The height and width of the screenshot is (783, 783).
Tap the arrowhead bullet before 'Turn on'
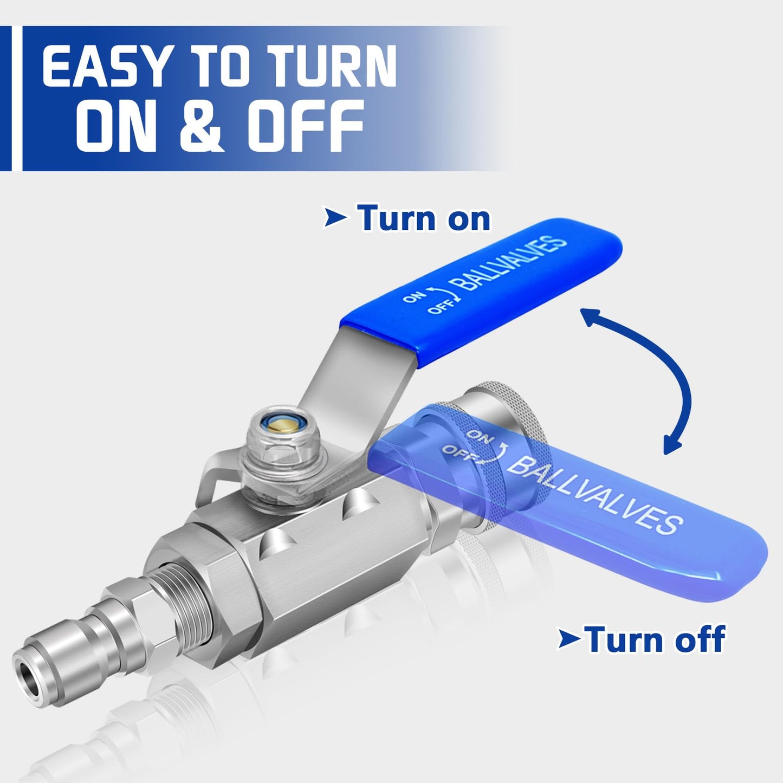335,217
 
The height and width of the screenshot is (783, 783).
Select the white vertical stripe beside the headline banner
17,98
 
